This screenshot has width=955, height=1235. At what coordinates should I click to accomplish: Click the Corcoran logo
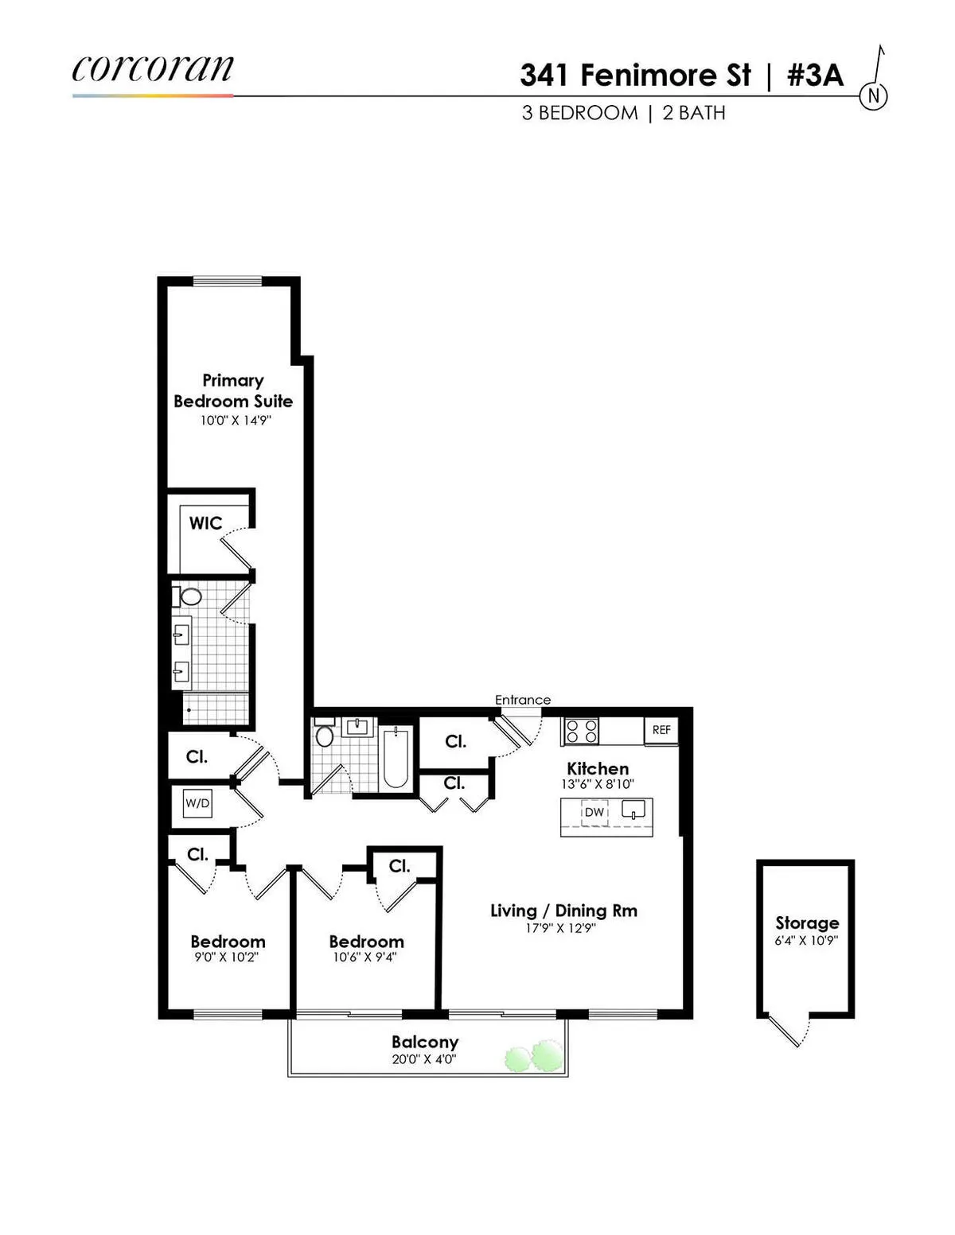[153, 69]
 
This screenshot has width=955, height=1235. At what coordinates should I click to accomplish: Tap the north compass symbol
[873, 96]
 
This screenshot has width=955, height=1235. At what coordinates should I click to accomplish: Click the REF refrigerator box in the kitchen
[661, 730]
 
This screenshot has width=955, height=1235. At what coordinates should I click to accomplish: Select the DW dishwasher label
[594, 813]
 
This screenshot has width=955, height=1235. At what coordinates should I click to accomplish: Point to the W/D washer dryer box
[197, 803]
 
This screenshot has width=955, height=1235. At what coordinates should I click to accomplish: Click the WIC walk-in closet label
[205, 523]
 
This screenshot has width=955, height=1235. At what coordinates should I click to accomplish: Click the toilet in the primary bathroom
[189, 596]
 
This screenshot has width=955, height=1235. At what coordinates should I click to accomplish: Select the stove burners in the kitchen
[581, 731]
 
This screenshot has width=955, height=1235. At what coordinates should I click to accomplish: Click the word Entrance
[523, 700]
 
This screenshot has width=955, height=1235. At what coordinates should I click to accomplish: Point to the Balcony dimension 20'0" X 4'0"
[424, 1059]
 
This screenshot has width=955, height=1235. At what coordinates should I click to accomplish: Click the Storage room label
[807, 923]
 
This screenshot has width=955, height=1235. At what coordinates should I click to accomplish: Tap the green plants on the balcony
[533, 1057]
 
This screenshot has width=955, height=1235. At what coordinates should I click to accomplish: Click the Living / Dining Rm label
[563, 911]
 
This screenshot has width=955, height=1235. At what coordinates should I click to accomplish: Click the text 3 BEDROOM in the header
[579, 113]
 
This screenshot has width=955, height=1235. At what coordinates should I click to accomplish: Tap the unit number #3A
[814, 76]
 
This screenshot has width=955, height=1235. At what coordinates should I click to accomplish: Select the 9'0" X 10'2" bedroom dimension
[227, 957]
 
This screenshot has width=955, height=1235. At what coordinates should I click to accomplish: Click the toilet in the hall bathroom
[324, 735]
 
